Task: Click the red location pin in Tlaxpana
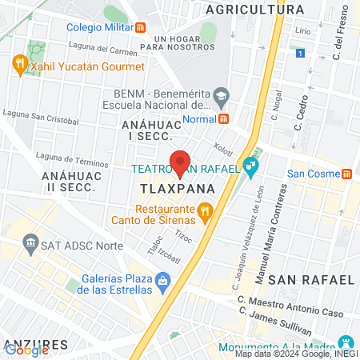[x=181, y=162]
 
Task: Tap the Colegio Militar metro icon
[x=141, y=26]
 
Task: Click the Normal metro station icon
[x=224, y=118]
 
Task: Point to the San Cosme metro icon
[x=346, y=174]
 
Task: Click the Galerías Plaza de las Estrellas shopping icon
[x=163, y=280]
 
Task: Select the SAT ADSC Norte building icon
[x=30, y=242]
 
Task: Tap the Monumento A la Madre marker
[x=346, y=340]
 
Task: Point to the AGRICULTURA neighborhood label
[x=255, y=10]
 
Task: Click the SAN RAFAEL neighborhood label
[x=310, y=279]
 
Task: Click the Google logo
[x=26, y=350]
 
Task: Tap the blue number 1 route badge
[x=299, y=53]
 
